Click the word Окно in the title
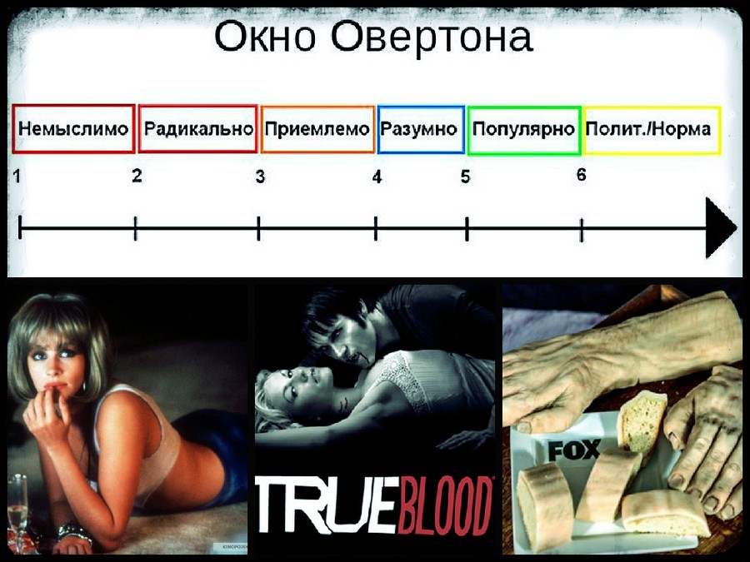pyautogui.click(x=267, y=37)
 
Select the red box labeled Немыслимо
pyautogui.click(x=73, y=129)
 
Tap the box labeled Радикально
pyautogui.click(x=198, y=129)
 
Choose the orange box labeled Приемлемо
pyautogui.click(x=317, y=129)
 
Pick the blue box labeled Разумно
pyautogui.click(x=420, y=129)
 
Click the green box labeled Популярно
pyautogui.click(x=523, y=129)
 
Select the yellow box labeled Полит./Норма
pyautogui.click(x=650, y=129)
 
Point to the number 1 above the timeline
pyautogui.click(x=17, y=176)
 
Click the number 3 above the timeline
pyautogui.click(x=260, y=177)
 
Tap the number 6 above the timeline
pyautogui.click(x=581, y=175)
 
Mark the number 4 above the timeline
pyautogui.click(x=377, y=177)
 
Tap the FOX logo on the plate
pyautogui.click(x=573, y=451)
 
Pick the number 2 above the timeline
pyautogui.click(x=137, y=175)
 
